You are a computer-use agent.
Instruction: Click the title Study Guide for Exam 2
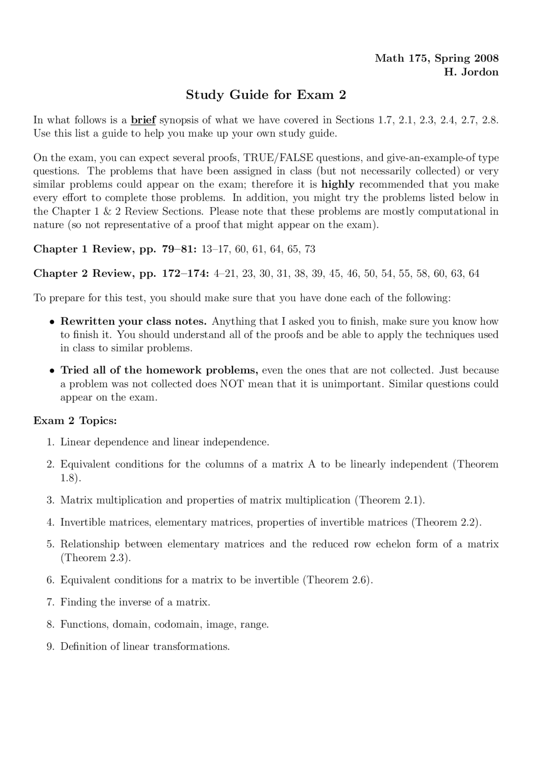266,95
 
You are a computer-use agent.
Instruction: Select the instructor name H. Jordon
471,72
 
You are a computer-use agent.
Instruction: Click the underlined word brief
143,120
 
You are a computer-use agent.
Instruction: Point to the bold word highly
338,185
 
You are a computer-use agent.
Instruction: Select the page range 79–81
179,249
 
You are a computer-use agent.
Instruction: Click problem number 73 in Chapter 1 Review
310,249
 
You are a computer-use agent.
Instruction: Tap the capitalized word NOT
232,384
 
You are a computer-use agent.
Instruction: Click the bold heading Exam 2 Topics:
75,421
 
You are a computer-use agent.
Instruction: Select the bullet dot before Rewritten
52,322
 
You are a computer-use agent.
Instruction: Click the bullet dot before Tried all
52,371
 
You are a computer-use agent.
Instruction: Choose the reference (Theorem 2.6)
338,580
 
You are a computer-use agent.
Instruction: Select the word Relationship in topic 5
90,544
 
